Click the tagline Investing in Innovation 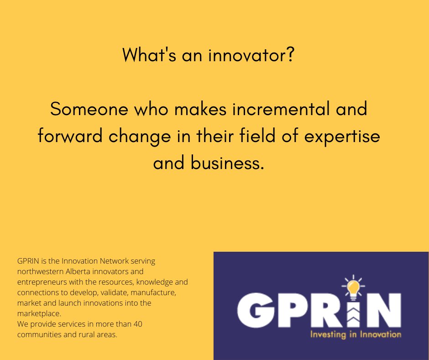[x=355, y=334]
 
